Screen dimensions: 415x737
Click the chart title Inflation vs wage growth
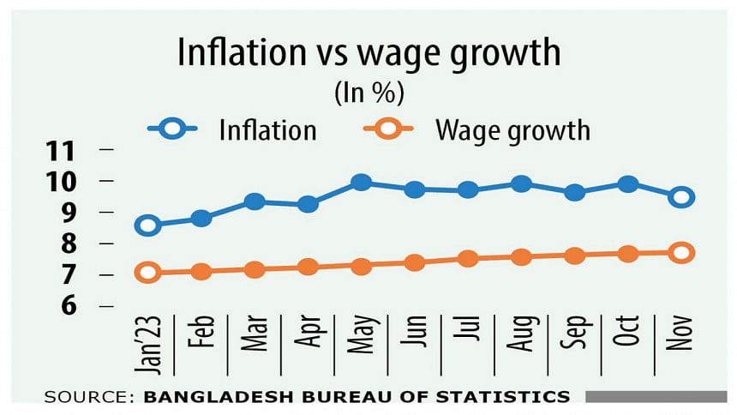point(368,53)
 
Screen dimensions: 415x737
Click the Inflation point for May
point(361,182)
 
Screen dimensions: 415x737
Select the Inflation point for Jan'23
point(147,226)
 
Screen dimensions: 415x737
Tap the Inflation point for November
point(681,197)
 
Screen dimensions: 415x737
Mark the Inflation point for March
point(255,201)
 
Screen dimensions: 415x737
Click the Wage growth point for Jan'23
point(147,273)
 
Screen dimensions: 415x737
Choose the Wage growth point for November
point(681,252)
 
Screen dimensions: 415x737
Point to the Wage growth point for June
point(414,262)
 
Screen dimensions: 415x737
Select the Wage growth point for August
point(521,257)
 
